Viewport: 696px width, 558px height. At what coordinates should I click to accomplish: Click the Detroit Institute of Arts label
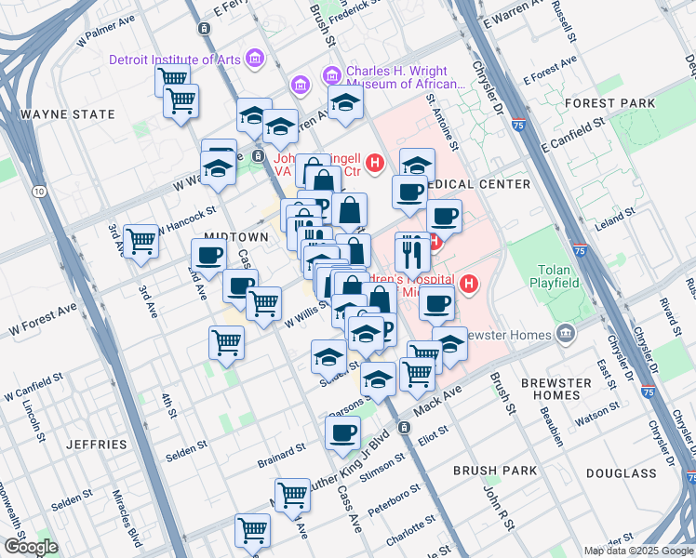pos(175,60)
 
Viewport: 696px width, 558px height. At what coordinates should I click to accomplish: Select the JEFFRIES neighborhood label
pos(97,445)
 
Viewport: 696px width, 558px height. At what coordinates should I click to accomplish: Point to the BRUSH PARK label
pos(495,471)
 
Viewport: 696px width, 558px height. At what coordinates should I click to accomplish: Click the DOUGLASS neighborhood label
pos(623,473)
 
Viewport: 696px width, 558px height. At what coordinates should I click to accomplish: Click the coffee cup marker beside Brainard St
pos(342,432)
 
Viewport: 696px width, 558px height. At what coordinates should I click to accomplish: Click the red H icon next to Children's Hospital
pos(469,284)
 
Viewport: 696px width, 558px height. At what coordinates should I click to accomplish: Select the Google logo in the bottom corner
pos(31,547)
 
